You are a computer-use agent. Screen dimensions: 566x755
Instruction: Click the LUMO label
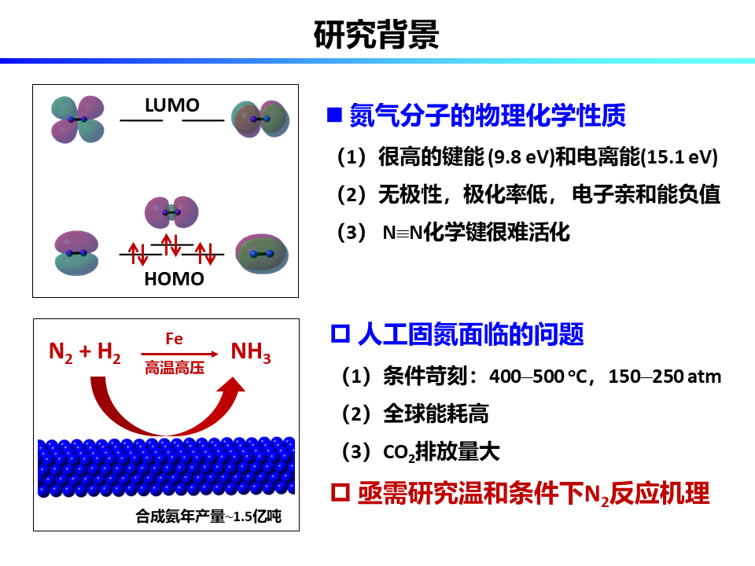coord(171,105)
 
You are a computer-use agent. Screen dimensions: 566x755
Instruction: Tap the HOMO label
coord(174,279)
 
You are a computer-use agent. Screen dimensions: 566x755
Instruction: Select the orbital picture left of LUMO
coord(76,118)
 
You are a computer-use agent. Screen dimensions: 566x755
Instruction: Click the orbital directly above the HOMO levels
coord(171,211)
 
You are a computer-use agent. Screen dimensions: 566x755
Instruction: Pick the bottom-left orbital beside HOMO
coord(76,252)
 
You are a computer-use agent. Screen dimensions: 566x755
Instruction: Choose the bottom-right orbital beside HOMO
coord(262,253)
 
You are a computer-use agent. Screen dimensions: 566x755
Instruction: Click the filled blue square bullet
coord(333,116)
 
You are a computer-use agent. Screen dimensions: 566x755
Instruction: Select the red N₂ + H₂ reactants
coord(85,353)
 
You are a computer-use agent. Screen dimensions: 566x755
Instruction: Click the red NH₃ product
coord(251,353)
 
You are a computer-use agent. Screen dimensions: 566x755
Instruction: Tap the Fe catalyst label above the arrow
coord(174,339)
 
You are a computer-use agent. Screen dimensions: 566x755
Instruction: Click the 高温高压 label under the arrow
coord(174,367)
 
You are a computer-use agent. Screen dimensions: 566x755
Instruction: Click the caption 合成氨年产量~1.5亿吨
coord(208,516)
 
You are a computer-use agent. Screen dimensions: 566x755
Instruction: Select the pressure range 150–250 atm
coord(665,377)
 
